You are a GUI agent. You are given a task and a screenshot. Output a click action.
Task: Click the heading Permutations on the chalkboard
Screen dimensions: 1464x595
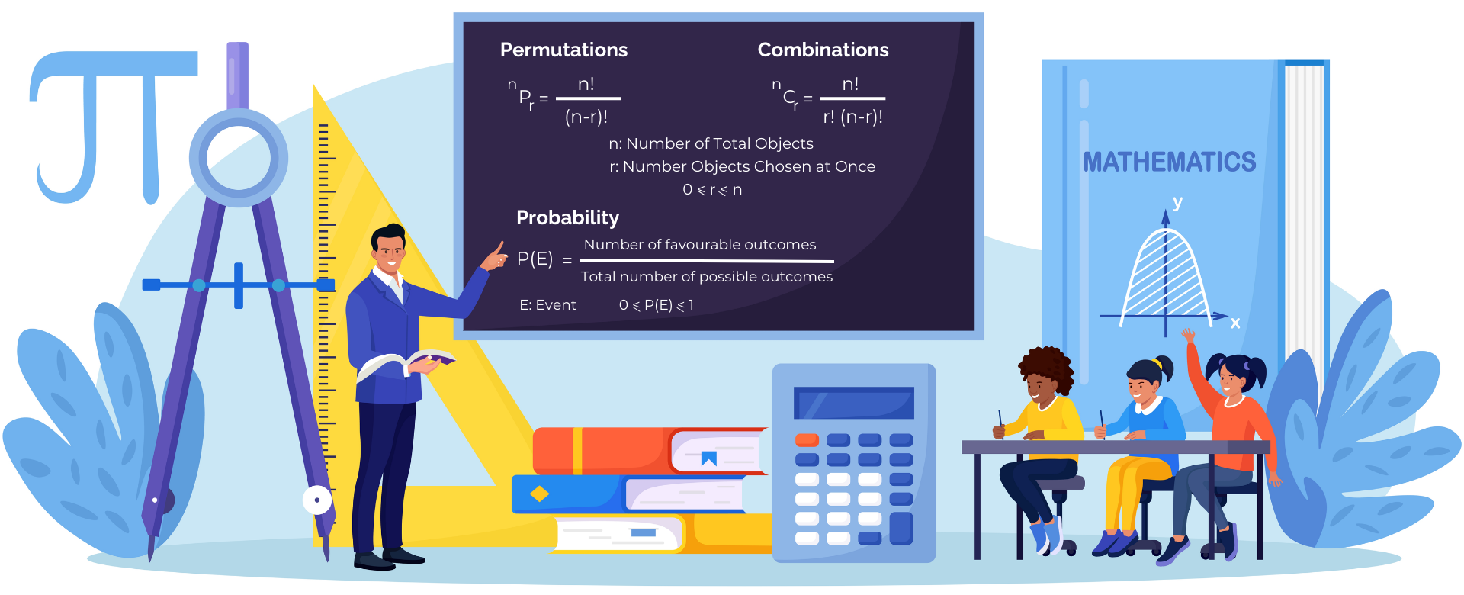563,50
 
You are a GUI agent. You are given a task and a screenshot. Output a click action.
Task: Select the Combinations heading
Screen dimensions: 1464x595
823,50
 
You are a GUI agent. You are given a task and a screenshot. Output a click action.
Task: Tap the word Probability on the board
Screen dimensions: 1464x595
567,218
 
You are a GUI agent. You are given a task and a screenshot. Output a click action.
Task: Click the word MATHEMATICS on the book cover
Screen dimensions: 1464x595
1169,162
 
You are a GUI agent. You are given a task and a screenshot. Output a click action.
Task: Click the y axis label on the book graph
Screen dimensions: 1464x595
1178,202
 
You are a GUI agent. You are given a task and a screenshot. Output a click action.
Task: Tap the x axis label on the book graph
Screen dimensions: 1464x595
1235,323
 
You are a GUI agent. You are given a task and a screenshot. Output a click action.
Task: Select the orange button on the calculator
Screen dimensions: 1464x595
807,440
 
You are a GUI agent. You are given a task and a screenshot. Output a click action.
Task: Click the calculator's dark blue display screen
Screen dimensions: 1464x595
853,403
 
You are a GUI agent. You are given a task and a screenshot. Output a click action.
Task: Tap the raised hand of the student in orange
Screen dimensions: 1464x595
1188,335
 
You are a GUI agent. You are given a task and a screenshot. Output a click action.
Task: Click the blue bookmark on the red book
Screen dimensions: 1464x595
709,458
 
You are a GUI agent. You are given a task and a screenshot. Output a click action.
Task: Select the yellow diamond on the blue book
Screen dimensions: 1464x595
539,494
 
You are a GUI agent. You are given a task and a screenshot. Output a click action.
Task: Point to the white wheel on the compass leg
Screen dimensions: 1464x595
316,500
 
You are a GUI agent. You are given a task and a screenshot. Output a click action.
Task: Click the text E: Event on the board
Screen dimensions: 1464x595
547,305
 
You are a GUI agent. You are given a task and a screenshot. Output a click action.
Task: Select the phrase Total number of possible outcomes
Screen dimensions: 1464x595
707,277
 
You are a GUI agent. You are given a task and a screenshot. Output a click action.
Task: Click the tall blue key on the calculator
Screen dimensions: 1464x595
901,528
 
